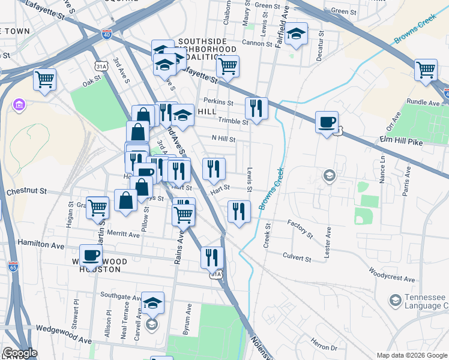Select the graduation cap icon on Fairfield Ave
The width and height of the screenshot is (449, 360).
297,35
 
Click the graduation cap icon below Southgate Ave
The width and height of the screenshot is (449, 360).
152,304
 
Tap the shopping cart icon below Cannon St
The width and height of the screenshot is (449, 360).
228,67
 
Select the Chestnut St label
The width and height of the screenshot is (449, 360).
26,191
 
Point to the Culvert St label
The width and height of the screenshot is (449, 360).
297,259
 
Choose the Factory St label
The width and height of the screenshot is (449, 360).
300,228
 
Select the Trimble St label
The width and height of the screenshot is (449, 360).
232,122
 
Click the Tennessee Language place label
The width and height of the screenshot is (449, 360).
423,301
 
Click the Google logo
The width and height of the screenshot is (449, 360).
20,353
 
